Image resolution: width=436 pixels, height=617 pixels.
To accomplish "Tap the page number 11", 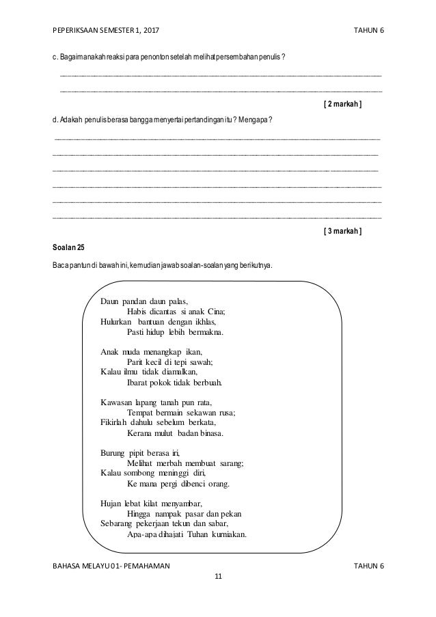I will point(218,577).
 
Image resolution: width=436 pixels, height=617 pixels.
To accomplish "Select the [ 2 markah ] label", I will point(342,104).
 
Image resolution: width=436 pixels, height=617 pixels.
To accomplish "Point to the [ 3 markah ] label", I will point(342,231).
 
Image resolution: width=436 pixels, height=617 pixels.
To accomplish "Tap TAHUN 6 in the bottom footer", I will point(369,566).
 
